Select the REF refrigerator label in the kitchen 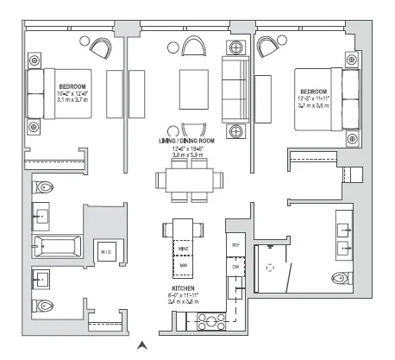tap(235, 245)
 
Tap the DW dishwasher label tap(235, 268)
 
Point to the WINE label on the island tap(183, 248)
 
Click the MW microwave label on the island tap(183, 265)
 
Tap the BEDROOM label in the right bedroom tap(315, 91)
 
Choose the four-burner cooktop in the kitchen tap(207, 324)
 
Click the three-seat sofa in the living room tap(235, 85)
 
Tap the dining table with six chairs tap(183, 179)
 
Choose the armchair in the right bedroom tap(276, 45)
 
